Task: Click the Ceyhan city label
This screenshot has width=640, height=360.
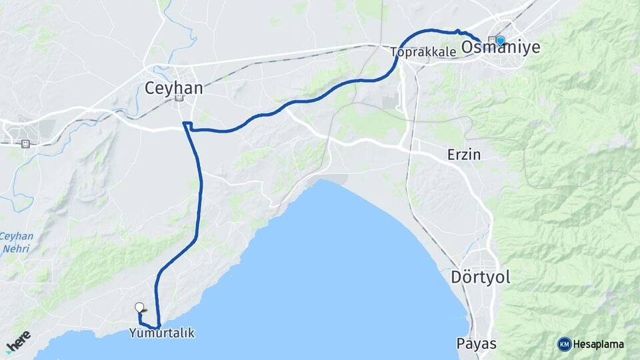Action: pos(174,87)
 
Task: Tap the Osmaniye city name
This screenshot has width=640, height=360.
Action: pos(501,47)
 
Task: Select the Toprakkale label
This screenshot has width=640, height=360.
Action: pos(424,51)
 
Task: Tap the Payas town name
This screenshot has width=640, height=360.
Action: pos(477,343)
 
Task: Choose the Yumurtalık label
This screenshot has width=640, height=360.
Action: pos(163,333)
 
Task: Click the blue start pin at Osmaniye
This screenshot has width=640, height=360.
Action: pos(501,40)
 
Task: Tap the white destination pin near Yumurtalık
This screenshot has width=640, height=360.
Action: pos(139,307)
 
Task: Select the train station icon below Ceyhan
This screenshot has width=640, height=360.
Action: pos(179,99)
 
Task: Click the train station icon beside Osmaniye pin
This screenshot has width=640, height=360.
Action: pos(492,39)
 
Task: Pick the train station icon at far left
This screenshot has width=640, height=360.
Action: pos(25,143)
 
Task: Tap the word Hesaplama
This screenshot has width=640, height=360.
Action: pos(599,345)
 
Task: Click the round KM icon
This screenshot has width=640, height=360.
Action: pos(565,344)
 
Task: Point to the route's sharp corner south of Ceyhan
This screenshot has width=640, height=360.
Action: pos(185,124)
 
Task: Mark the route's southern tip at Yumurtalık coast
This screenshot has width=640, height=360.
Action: pos(159,325)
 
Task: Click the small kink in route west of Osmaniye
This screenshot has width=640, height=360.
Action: pos(457,31)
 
